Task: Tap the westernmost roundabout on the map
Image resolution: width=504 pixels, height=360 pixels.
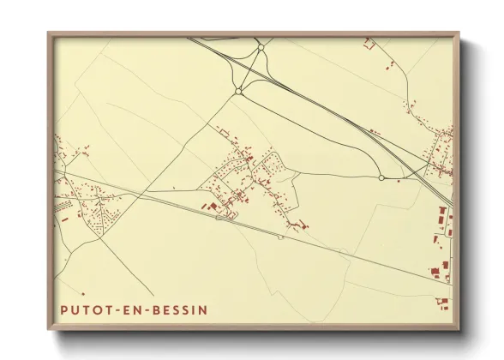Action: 238,91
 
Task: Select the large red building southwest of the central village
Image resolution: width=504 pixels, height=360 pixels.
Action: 210,206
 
